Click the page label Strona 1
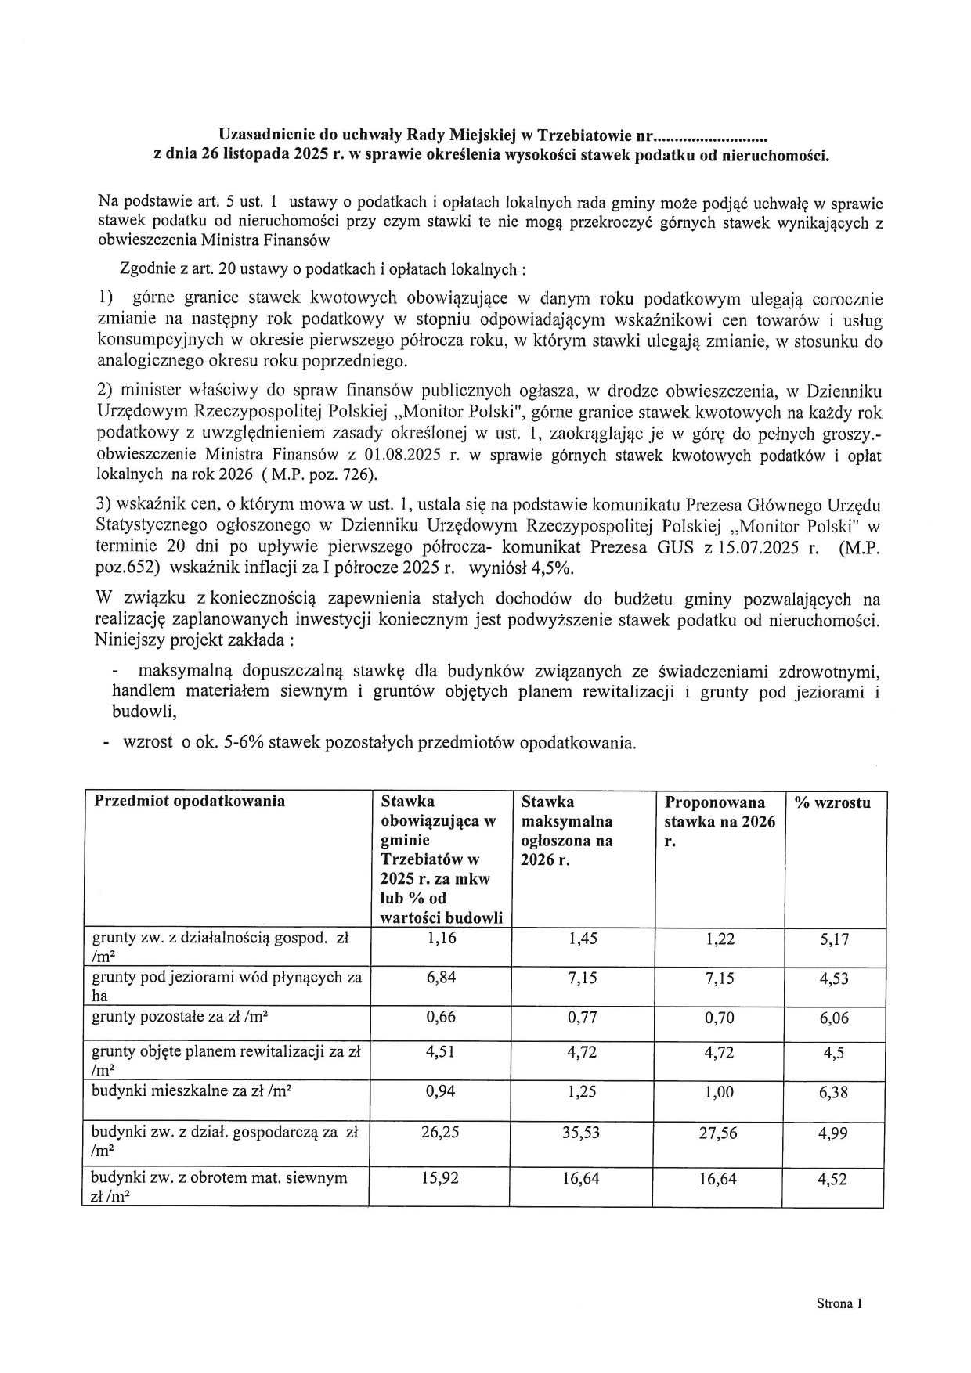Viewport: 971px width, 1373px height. click(x=839, y=1303)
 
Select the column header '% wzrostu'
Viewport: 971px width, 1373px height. click(x=832, y=802)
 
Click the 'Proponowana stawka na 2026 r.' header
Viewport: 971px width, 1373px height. click(x=719, y=822)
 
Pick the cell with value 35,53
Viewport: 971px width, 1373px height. click(x=581, y=1132)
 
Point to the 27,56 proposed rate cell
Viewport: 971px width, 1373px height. click(x=718, y=1133)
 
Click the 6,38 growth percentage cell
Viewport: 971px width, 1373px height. click(x=833, y=1092)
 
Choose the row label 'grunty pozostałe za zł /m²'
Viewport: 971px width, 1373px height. click(x=182, y=1018)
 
